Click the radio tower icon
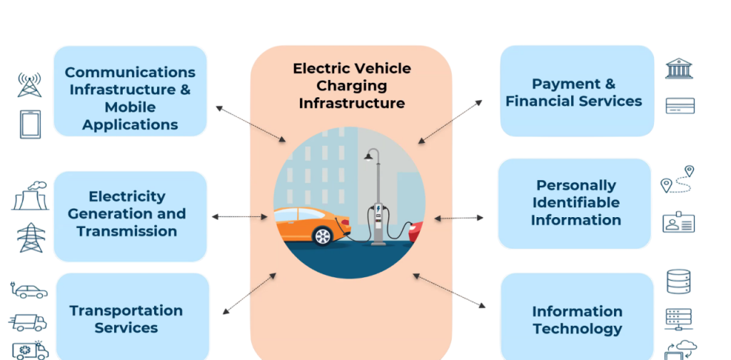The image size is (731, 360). pos(29,84)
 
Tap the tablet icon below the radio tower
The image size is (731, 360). pos(29,124)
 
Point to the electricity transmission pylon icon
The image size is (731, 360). pos(31,238)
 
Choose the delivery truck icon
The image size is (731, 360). pos(29,322)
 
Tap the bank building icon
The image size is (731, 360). pos(679,69)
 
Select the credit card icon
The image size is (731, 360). pos(680,106)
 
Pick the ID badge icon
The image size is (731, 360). pos(678,223)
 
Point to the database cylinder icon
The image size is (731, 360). pos(678,282)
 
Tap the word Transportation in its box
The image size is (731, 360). pos(126,311)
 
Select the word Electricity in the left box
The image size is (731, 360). pos(126,196)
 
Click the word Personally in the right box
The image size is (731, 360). pos(575,186)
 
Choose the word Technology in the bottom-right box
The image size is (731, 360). pos(577,329)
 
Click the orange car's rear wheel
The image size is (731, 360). pos(322,235)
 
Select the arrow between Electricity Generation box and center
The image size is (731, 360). pos(240,216)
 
